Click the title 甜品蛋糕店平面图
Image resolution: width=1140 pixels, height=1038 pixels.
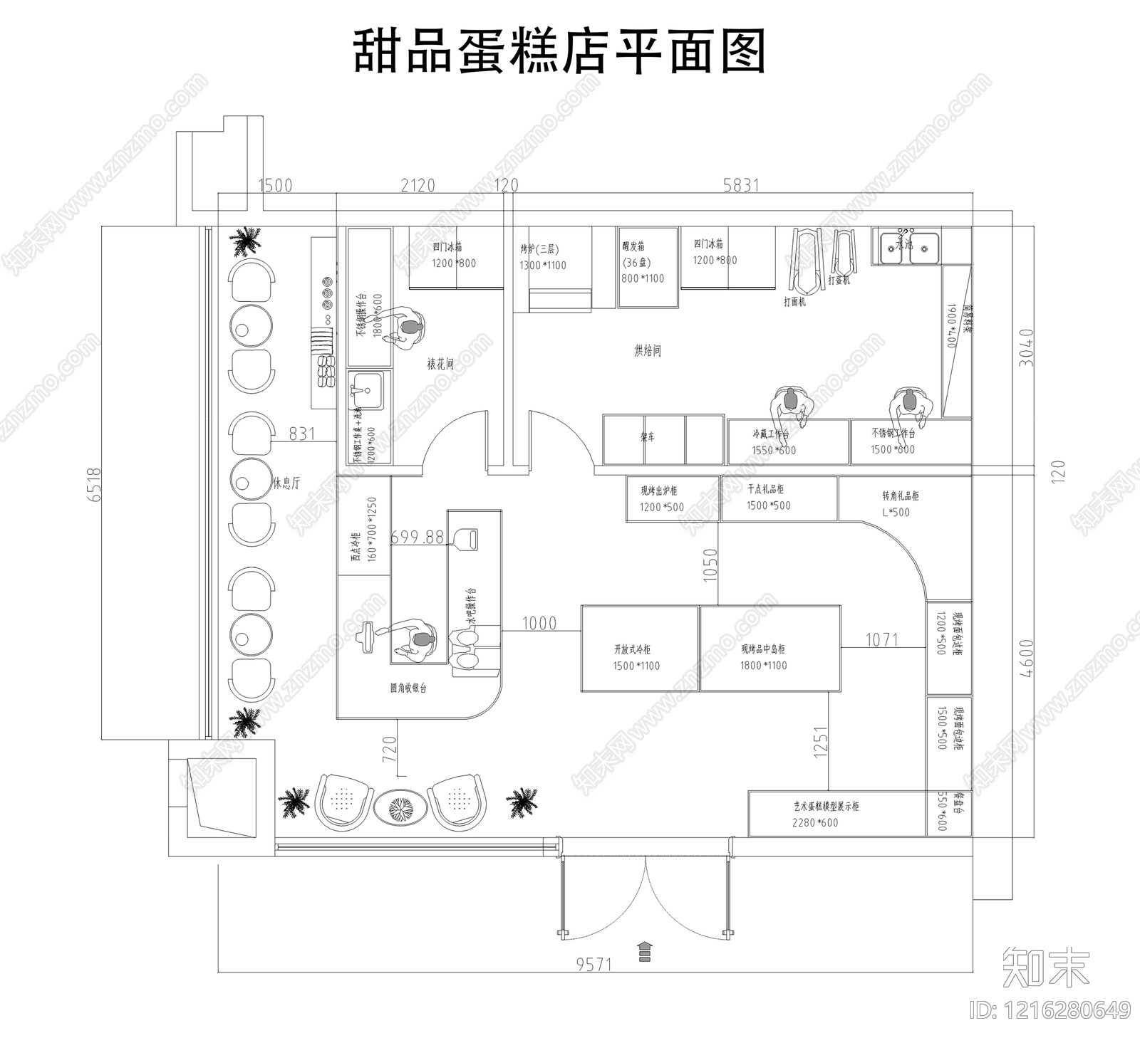(x=559, y=51)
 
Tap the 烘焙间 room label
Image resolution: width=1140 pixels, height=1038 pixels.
(x=648, y=350)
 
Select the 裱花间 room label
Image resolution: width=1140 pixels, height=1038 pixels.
(x=440, y=364)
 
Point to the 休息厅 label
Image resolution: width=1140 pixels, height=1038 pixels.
(x=286, y=483)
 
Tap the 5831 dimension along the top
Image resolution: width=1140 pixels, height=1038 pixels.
(x=741, y=185)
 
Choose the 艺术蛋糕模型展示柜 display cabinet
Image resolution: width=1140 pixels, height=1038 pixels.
(x=836, y=813)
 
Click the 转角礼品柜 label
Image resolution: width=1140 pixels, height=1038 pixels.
(x=900, y=496)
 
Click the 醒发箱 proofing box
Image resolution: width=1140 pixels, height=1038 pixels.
(x=646, y=268)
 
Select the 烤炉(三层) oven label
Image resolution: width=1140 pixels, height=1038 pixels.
(x=539, y=250)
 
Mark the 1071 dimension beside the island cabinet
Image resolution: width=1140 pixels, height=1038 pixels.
(x=881, y=639)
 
